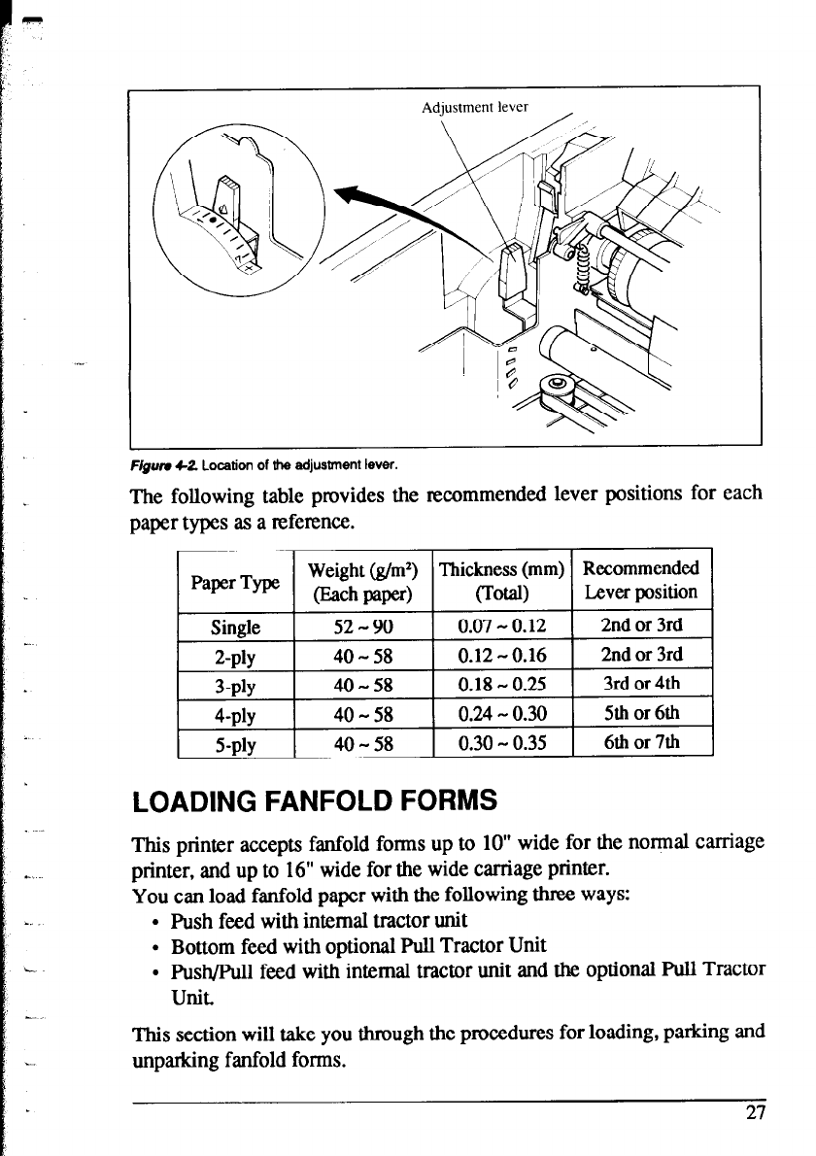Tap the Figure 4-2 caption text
tap(265, 460)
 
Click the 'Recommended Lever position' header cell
tap(642, 580)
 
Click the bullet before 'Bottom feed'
tap(156, 945)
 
